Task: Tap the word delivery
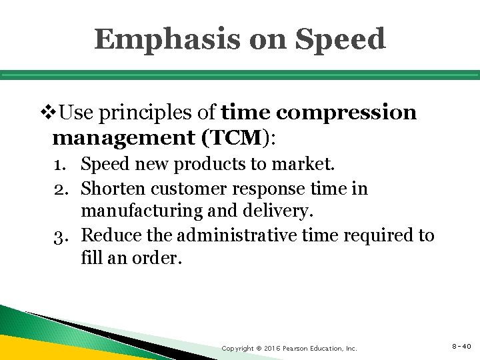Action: point(283,212)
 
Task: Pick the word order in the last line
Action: point(160,258)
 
